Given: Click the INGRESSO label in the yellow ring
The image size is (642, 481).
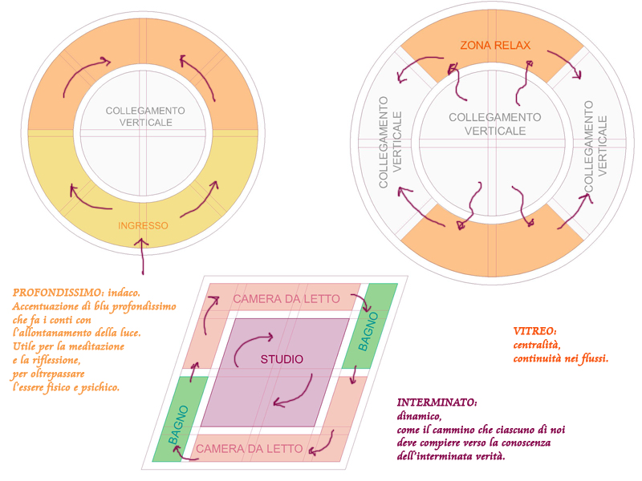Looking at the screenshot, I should [x=143, y=226].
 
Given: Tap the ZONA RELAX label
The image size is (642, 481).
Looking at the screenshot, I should [x=495, y=45].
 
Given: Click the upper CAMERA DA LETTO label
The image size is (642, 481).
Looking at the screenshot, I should [x=286, y=300].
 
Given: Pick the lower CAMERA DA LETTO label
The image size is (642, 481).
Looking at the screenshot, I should [x=250, y=449].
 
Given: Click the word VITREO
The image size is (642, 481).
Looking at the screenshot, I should [x=534, y=331].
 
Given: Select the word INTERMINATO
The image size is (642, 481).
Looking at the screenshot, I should [x=437, y=402].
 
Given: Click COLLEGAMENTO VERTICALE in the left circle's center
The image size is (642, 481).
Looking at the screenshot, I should [x=145, y=116].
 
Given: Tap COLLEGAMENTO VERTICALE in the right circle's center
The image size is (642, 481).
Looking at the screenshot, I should [x=494, y=123].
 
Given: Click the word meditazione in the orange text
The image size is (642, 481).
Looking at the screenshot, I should [x=95, y=347].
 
